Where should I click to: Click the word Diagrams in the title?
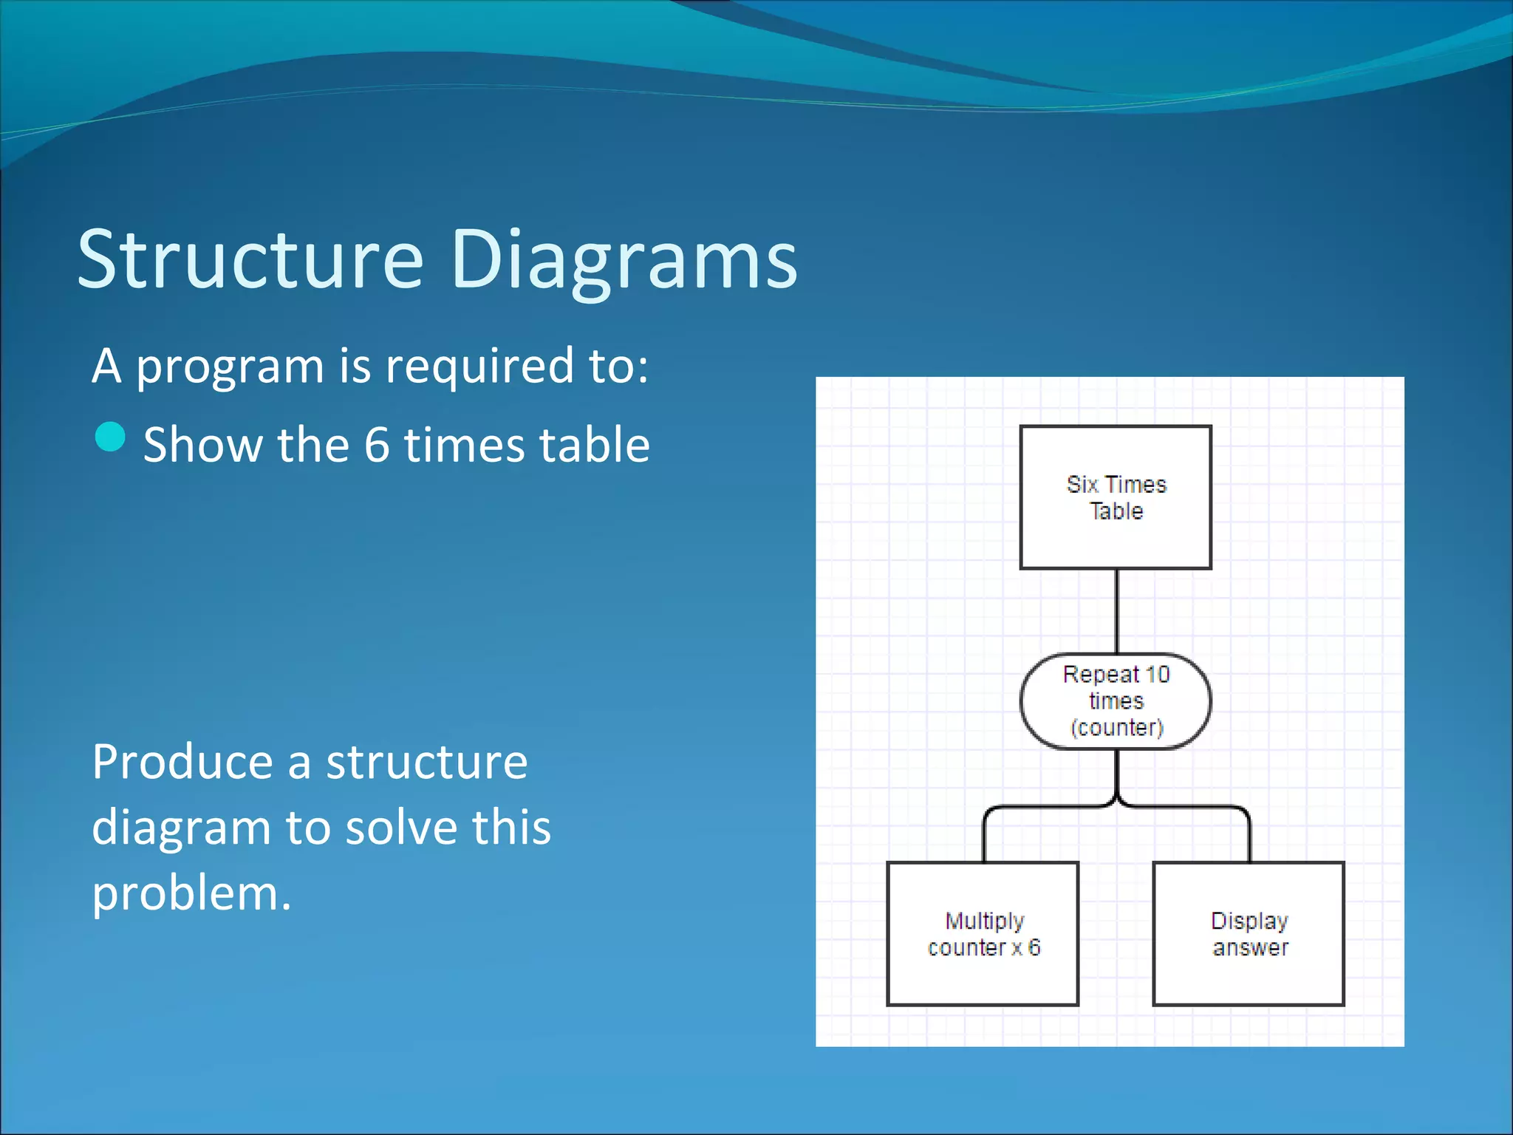tap(624, 260)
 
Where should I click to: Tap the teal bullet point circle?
tap(111, 437)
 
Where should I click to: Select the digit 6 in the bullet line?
tap(377, 446)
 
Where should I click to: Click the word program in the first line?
tap(230, 367)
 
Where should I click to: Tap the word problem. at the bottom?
tap(191, 893)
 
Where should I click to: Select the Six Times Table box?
tap(1116, 497)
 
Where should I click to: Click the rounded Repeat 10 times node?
tap(1116, 701)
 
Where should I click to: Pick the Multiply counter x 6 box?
tap(983, 934)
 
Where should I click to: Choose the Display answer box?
tap(1249, 934)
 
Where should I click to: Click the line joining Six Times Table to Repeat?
tap(1116, 611)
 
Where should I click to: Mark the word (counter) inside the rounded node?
tap(1116, 728)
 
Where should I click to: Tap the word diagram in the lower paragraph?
tap(181, 828)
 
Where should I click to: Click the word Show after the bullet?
tap(202, 446)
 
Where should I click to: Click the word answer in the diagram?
tap(1250, 948)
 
